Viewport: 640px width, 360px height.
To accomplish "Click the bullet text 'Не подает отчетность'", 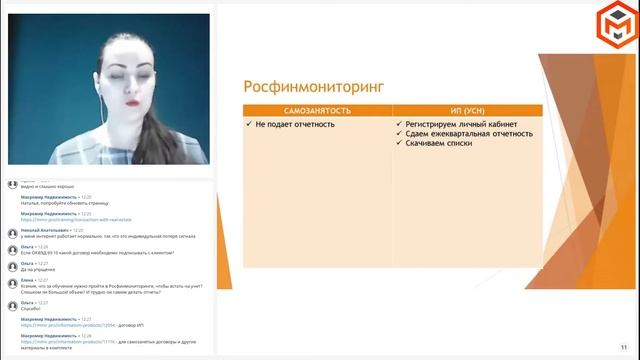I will (295, 124).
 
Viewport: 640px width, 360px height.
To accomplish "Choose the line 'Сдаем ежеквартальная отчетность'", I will (469, 133).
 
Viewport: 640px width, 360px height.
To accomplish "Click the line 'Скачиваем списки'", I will (440, 143).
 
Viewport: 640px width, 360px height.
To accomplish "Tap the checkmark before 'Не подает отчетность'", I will (248, 124).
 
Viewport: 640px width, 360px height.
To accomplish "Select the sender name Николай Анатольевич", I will (44, 229).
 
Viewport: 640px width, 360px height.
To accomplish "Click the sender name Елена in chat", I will (27, 280).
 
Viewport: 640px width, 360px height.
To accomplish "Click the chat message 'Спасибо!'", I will (32, 307).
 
